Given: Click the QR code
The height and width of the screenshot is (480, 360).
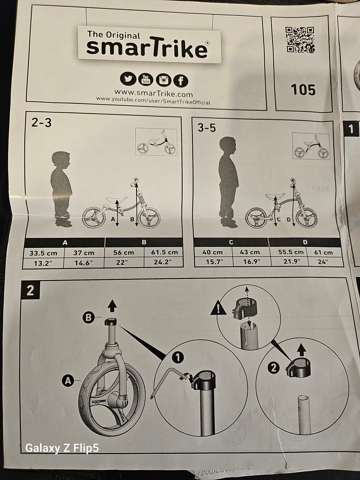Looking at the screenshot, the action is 300,40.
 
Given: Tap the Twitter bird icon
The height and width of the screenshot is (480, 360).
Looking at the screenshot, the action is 127,79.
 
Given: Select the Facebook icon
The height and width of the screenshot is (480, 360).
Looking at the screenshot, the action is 181,81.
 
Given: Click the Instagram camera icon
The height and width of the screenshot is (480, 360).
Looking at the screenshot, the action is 163,80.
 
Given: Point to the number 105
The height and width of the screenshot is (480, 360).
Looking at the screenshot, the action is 303,90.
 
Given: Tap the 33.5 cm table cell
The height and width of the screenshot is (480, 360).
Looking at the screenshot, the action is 43,253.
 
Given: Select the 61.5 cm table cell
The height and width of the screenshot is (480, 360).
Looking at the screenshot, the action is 164,252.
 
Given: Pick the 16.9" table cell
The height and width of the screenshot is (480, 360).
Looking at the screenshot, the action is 251,261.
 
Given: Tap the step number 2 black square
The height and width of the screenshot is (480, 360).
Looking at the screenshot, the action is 30,290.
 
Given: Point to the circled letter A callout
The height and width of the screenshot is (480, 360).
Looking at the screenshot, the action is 67,381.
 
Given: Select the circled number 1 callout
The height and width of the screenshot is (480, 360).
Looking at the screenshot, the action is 178,357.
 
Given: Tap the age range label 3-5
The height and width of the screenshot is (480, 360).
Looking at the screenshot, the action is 207,127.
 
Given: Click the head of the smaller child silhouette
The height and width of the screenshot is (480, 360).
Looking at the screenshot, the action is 61,160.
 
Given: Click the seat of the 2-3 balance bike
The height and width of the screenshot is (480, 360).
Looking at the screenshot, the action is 117,199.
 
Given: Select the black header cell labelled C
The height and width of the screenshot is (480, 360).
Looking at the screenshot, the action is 231,242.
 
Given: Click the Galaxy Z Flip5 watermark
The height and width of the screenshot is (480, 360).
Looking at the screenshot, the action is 62,447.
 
